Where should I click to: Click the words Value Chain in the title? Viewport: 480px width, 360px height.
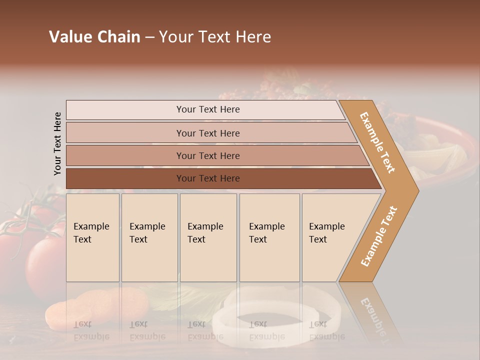point(94,37)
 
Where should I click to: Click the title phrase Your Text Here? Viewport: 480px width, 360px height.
point(215,37)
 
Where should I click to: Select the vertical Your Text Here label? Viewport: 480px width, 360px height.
point(57,143)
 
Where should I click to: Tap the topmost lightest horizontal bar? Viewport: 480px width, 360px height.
point(207,109)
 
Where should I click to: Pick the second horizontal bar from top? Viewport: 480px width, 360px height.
point(207,133)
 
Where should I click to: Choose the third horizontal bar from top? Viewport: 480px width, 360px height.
point(207,155)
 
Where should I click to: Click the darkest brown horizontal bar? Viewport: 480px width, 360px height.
point(207,178)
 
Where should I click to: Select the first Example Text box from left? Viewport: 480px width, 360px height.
point(92,237)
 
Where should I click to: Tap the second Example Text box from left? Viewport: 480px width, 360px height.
point(149,237)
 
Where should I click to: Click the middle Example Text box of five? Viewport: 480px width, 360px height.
point(208,237)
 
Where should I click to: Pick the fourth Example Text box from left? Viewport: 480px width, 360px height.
point(269,237)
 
